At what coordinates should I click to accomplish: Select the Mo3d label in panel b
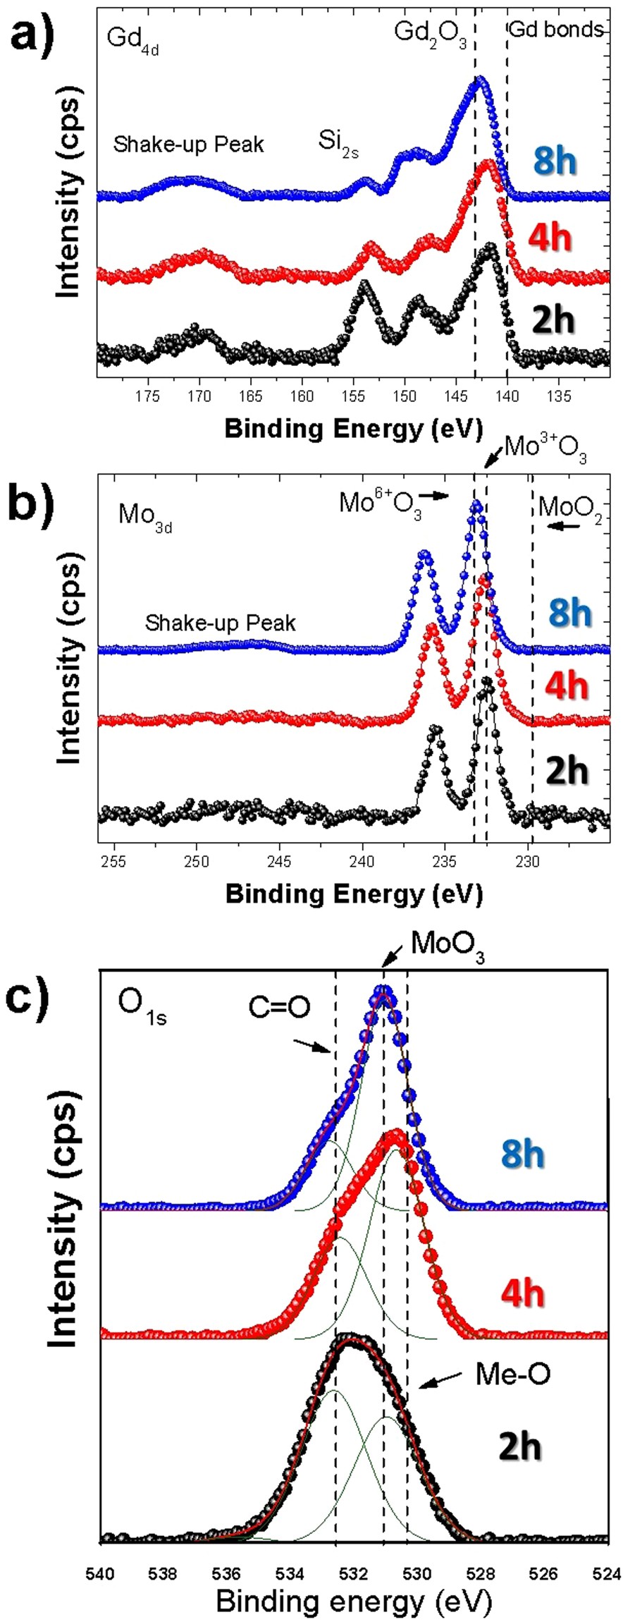(144, 516)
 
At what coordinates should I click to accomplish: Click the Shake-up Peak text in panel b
(221, 623)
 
